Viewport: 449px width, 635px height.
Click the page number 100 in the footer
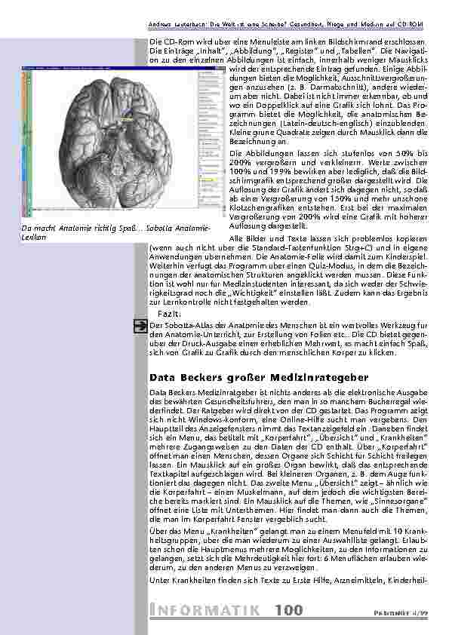[x=291, y=610]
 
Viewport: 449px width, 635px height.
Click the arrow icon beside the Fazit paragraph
[x=140, y=325]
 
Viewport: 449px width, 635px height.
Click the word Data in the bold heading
[x=162, y=376]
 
